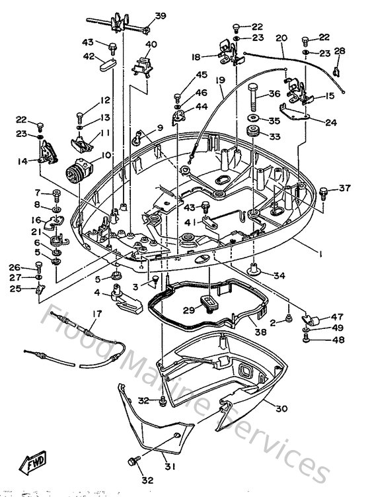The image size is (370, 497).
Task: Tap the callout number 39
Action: (x=161, y=17)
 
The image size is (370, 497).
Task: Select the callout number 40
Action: (x=151, y=45)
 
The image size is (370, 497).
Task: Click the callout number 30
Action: (x=281, y=409)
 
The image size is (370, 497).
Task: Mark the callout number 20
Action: (x=281, y=38)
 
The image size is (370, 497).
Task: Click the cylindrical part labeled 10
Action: (x=78, y=162)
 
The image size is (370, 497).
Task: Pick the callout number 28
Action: (x=340, y=51)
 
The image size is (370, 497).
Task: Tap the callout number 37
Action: (x=345, y=189)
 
